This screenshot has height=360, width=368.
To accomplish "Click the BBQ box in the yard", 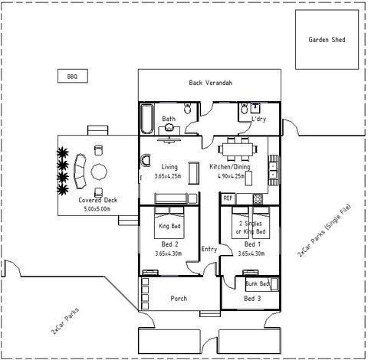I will point(73,76).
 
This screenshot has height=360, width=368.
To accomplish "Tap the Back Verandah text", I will point(210,83).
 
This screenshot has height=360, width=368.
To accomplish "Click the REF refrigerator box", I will point(228,198).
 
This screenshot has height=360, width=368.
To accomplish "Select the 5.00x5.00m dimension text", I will point(94,208).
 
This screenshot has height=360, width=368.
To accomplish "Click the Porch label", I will point(179,298).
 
